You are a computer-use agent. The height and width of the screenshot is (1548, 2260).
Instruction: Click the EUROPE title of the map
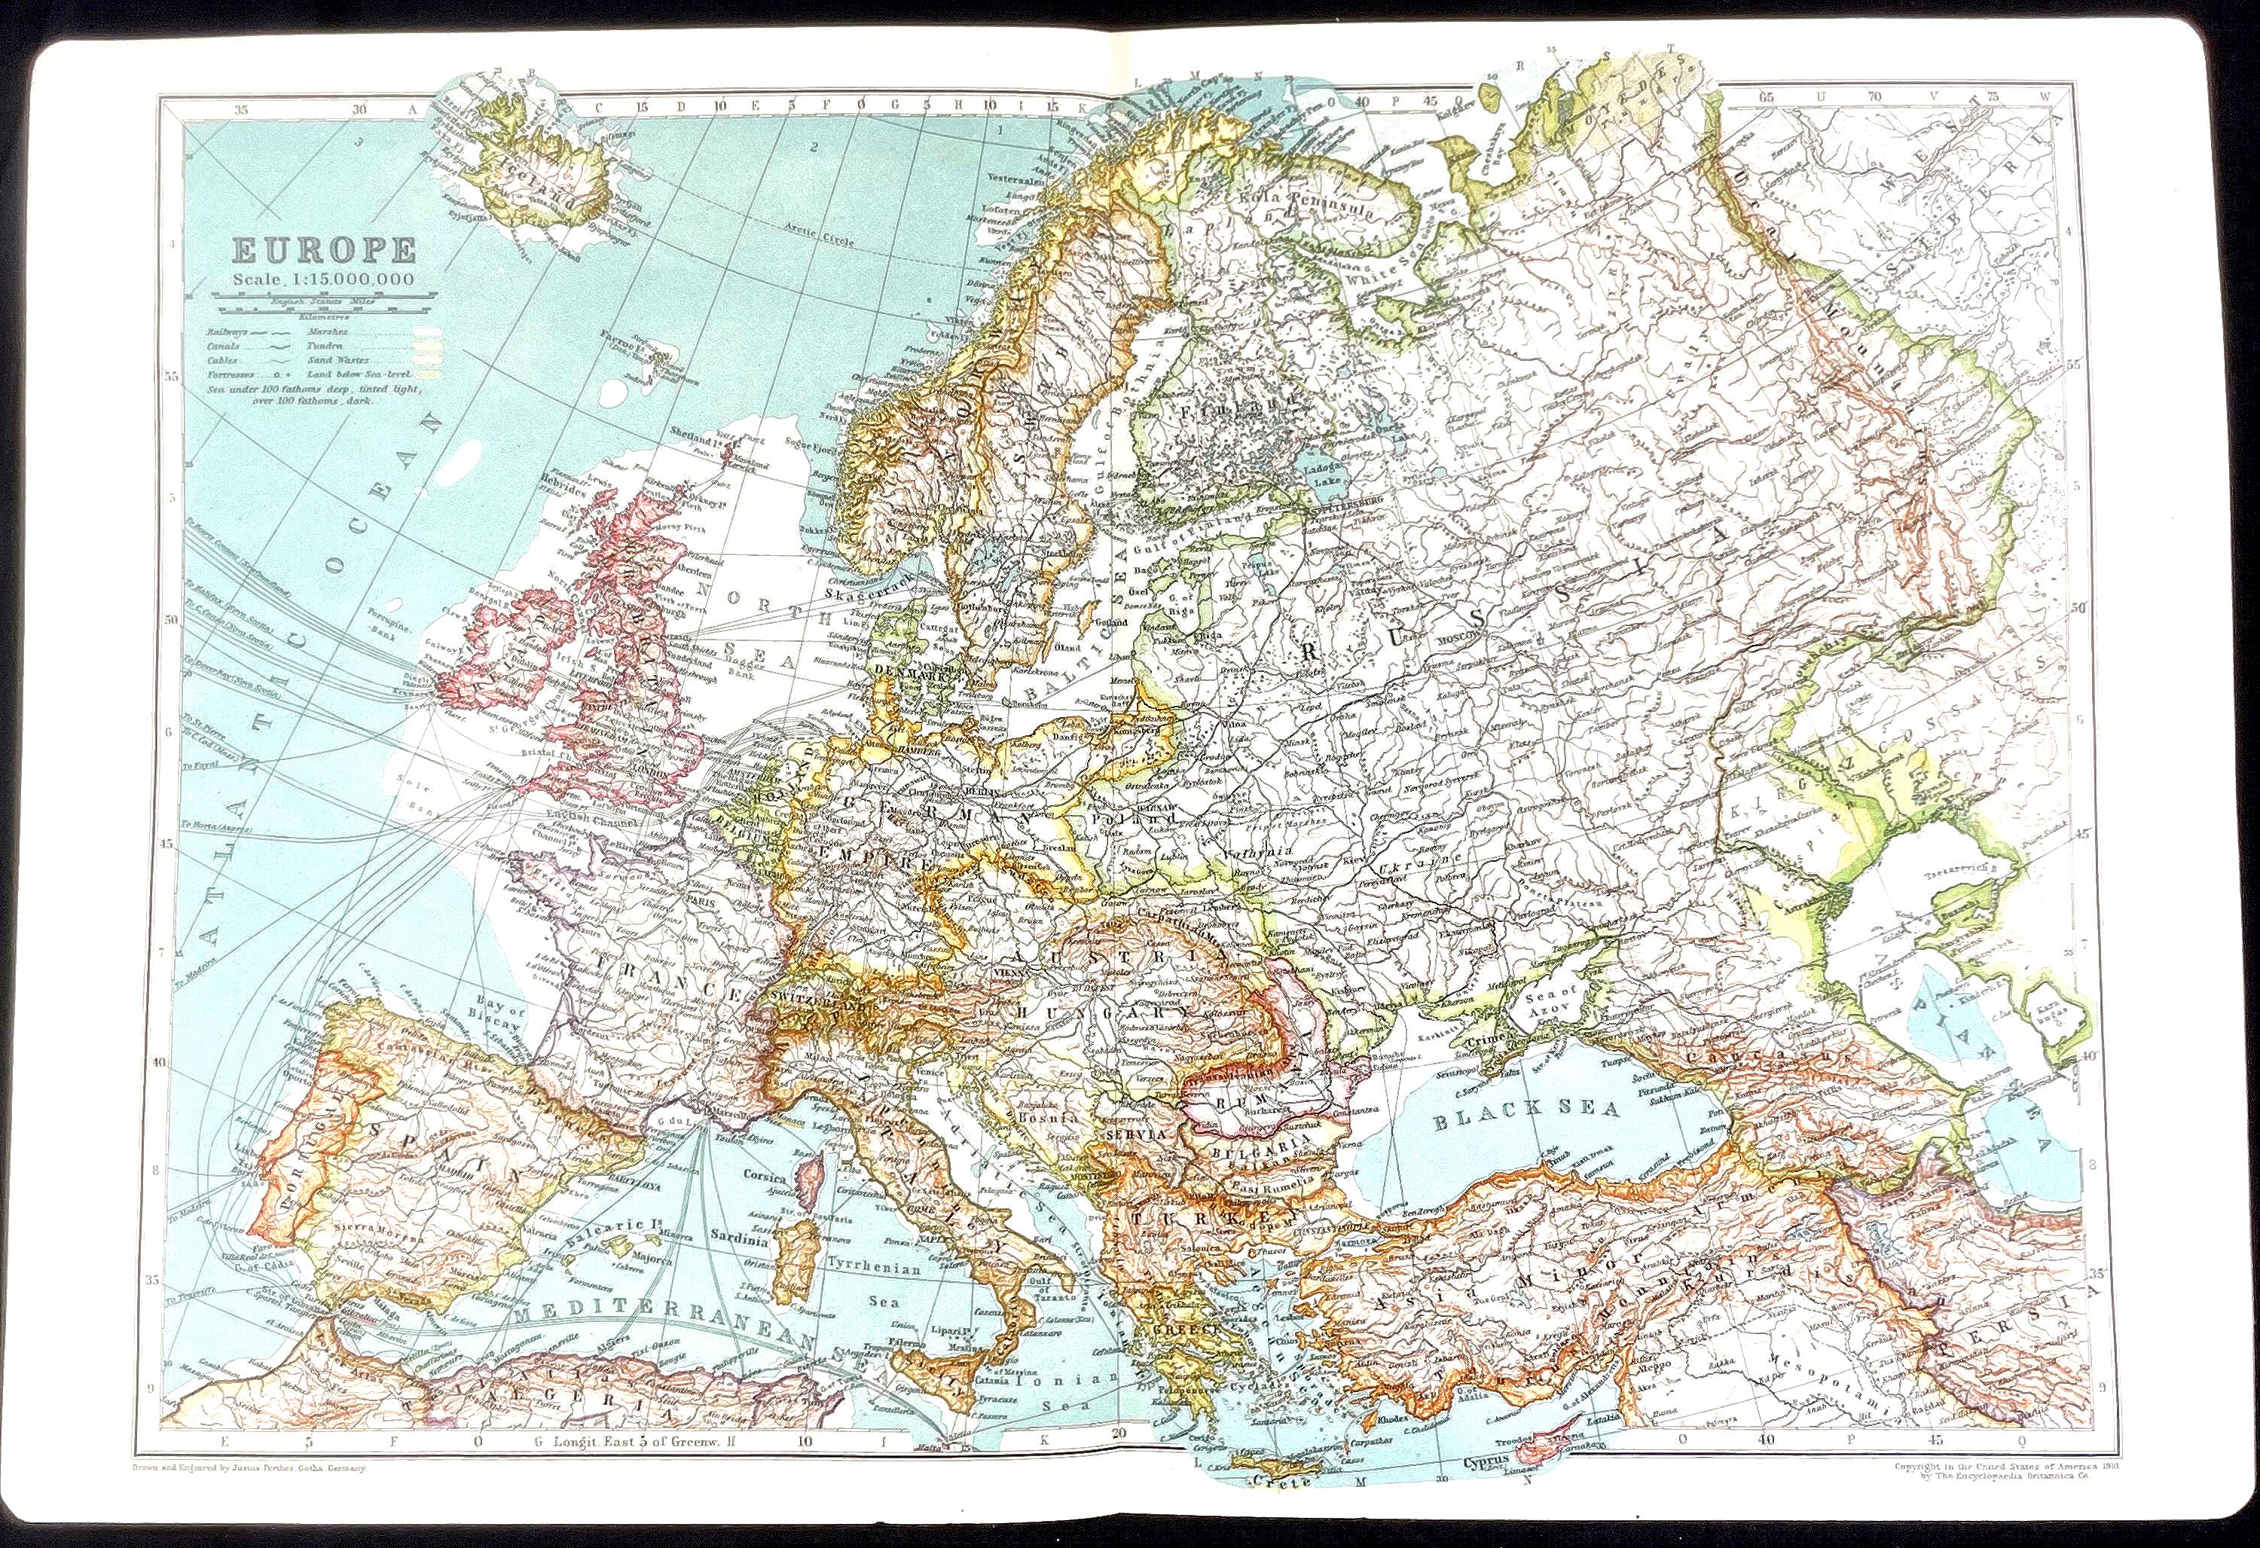(323, 252)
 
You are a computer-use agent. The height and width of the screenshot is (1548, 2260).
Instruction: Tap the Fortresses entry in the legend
(230, 374)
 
